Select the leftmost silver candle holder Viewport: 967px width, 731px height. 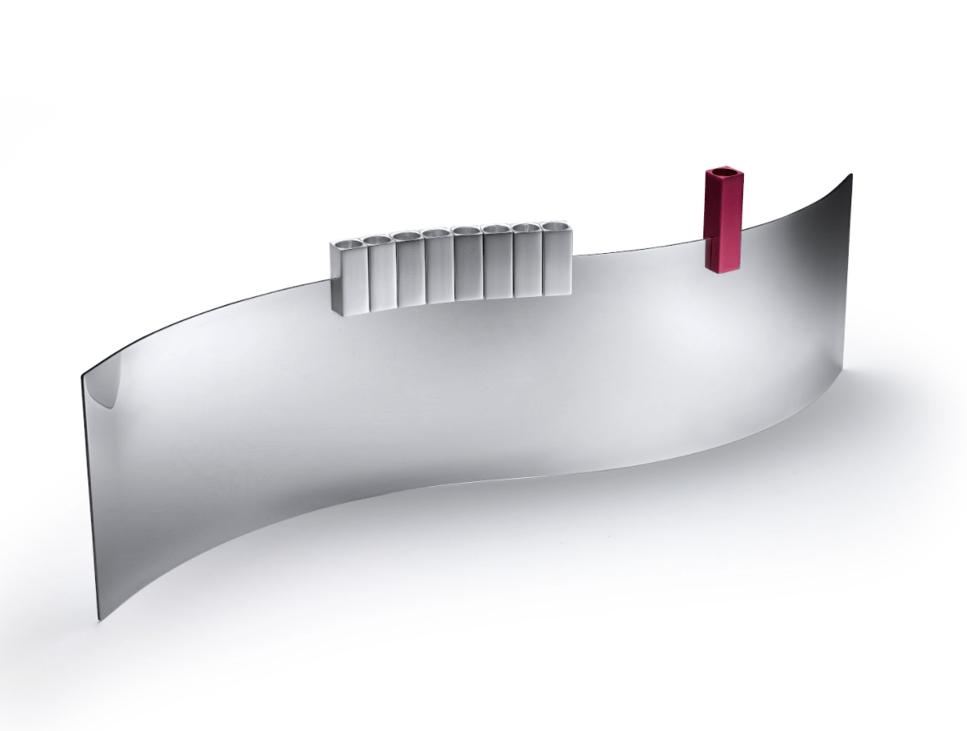pos(348,277)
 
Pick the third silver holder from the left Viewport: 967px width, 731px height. pos(409,269)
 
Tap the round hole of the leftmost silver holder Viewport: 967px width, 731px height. pos(349,243)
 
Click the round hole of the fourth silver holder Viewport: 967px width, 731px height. pos(437,234)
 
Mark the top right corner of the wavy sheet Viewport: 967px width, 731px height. pos(850,174)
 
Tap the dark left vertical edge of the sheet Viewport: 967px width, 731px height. pos(90,496)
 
